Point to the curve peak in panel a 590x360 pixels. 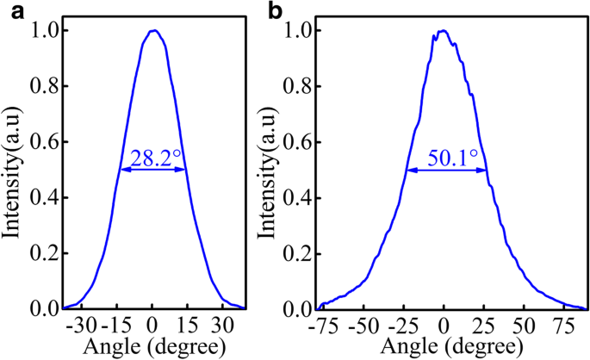[x=153, y=31]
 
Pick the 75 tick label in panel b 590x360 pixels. [x=562, y=326]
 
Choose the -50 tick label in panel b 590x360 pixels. [x=369, y=326]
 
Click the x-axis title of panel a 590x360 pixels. [x=152, y=346]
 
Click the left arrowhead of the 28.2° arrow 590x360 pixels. [x=122, y=170]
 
